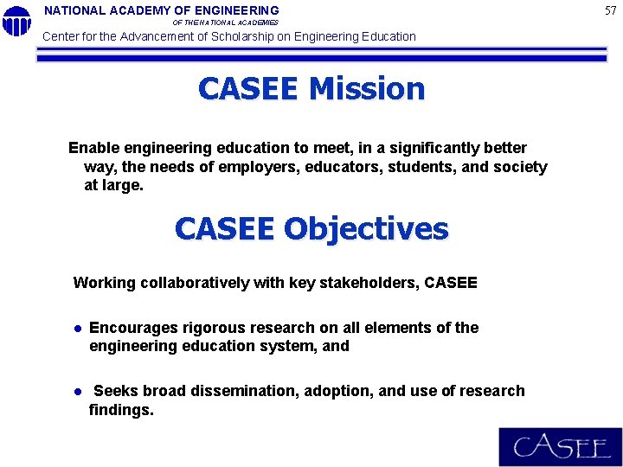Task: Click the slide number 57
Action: pos(611,10)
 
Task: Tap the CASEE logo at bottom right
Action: pos(560,447)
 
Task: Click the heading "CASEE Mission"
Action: pos(311,89)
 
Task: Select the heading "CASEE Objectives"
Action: pos(311,229)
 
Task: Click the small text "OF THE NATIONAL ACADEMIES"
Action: pos(226,22)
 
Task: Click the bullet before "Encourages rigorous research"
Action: pos(77,329)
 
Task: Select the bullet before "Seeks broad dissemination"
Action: pos(77,392)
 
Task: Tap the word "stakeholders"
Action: pos(369,283)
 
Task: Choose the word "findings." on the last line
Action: pos(121,410)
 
